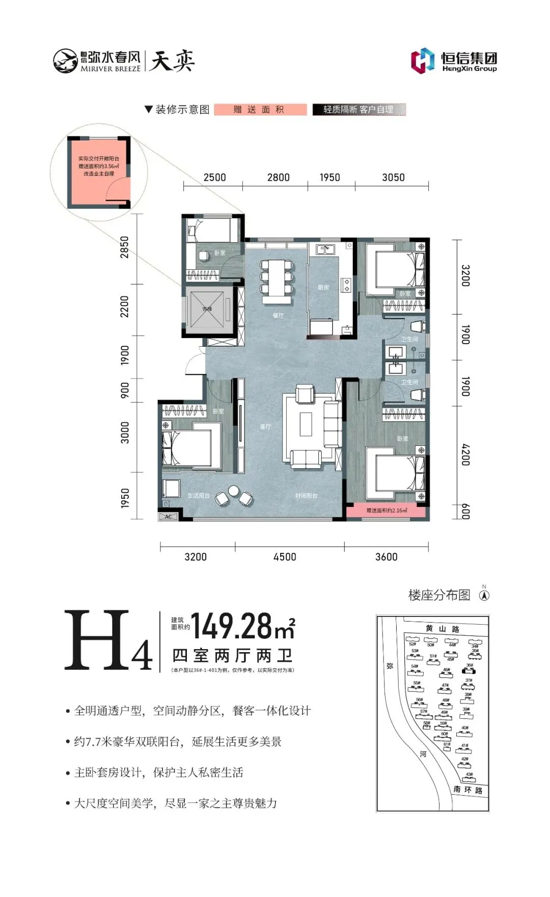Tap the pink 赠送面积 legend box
coord(260,109)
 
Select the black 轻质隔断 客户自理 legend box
coord(359,109)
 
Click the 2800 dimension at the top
coord(278,177)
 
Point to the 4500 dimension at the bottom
coord(285,556)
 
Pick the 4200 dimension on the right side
coord(465,455)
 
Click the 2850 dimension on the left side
coord(125,247)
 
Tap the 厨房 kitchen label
coord(323,288)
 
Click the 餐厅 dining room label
coord(278,316)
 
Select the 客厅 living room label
coord(265,427)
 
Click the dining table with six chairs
coord(277,277)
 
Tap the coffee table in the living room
coord(306,424)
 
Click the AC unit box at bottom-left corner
coord(168,516)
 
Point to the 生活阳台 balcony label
coord(199,495)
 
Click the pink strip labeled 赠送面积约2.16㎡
coord(386,510)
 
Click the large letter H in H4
coord(97,640)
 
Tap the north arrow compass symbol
coord(484,595)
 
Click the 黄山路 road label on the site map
coord(442,629)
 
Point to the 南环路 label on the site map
coord(468,790)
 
